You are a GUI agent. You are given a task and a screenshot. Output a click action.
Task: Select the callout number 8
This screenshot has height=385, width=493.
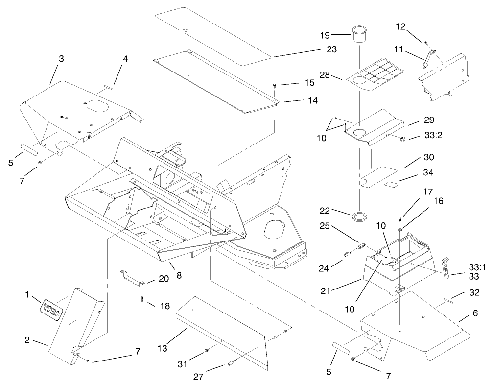(x=179, y=275)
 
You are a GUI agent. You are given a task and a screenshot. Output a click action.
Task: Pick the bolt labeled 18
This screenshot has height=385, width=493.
(x=141, y=299)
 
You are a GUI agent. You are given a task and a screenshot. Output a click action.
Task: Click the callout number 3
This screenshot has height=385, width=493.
(x=61, y=59)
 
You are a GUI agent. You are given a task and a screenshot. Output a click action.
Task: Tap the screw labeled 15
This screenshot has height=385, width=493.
(x=275, y=86)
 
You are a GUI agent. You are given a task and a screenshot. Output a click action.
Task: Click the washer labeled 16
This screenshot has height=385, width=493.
(x=400, y=228)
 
